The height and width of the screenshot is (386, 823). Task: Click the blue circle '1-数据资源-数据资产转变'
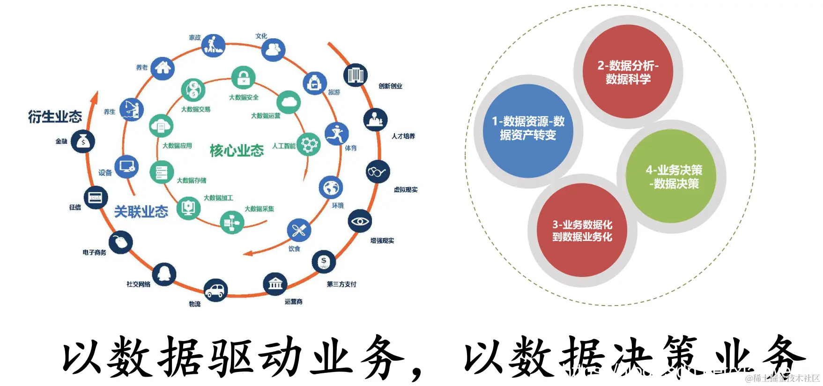pos(528,131)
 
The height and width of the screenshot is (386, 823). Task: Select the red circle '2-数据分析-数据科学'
pos(628,72)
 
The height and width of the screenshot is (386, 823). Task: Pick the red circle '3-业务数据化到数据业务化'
pos(582,230)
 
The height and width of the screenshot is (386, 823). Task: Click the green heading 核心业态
pos(237,151)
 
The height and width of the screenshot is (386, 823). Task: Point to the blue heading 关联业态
pos(141,212)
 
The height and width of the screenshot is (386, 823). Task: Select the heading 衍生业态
pos(55,117)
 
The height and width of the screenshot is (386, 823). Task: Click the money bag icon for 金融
pos(83,141)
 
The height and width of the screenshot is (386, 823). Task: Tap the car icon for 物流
pos(215,290)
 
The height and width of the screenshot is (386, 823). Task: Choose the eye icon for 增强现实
pos(360,221)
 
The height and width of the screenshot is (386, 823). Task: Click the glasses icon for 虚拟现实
pos(377,172)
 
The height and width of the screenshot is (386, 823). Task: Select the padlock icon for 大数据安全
pos(243,77)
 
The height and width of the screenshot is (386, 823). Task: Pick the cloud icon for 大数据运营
pos(289,102)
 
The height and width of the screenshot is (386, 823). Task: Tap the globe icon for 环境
pos(331,188)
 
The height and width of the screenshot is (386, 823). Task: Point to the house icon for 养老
pos(163,68)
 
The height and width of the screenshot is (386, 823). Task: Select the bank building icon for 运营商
pos(275,284)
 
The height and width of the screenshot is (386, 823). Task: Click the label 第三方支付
pos(341,284)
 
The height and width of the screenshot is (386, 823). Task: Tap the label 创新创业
pos(390,86)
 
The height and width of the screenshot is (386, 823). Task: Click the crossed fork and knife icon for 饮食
pos(299,230)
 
